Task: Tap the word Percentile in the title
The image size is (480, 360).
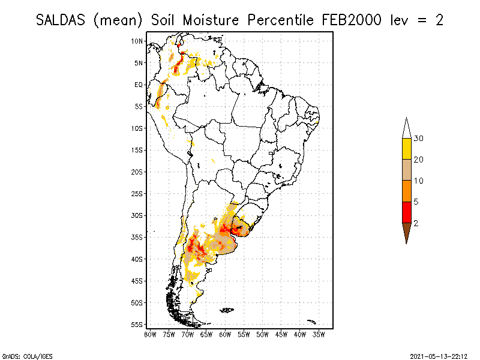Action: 278,20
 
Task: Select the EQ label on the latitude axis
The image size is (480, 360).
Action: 139,85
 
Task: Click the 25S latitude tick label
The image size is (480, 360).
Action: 137,193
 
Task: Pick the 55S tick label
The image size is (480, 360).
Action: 137,324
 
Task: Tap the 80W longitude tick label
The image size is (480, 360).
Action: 150,334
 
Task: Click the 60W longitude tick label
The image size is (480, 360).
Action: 225,334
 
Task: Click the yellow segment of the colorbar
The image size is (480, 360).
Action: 406,149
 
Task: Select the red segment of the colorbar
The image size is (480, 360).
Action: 406,212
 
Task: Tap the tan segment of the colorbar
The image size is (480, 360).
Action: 406,170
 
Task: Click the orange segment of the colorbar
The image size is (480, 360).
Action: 406,191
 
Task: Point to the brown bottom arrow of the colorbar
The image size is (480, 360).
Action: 406,231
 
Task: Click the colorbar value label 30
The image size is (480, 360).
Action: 419,139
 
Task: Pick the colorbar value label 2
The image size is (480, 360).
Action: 416,223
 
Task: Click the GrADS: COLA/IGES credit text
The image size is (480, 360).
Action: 22,355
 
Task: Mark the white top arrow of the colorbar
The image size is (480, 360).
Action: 406,130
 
